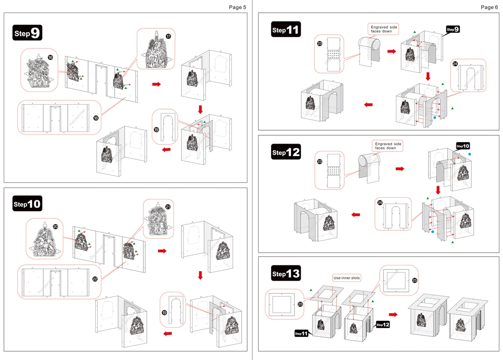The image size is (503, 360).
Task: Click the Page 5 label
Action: click(237, 7)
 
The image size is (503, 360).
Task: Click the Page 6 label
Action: click(489, 7)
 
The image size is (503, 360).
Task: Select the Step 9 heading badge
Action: click(27, 33)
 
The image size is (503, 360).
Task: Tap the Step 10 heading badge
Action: click(27, 204)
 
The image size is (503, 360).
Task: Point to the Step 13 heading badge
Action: click(286, 274)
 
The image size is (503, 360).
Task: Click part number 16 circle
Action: click(50, 57)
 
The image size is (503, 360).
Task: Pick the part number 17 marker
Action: click(168, 37)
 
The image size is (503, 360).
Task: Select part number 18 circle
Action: click(95, 118)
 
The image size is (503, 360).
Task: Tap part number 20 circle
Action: click(55, 226)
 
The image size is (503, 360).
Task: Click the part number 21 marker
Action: click(168, 207)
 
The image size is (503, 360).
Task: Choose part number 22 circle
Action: click(95, 279)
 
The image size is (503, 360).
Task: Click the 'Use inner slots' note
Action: click(347, 277)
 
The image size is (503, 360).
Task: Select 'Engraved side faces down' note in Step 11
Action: click(384, 29)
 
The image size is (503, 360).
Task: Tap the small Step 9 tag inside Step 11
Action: click(453, 29)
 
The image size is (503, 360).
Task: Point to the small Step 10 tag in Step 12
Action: click(463, 146)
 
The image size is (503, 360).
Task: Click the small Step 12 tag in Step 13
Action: click(382, 325)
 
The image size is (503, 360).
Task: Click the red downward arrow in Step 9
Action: click(200, 108)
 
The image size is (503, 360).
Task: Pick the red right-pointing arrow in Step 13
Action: click(393, 314)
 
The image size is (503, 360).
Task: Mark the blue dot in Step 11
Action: click(434, 118)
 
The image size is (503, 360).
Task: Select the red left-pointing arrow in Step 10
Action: click(167, 334)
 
